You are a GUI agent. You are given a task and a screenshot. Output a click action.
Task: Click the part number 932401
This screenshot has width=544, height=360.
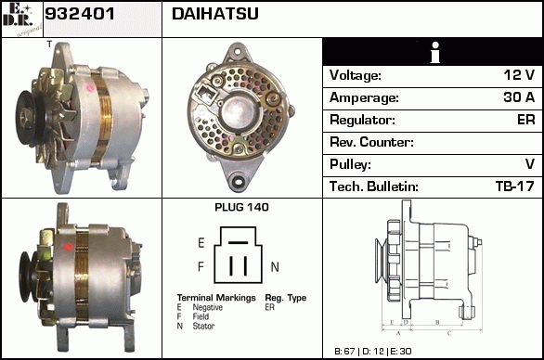coord(80,14)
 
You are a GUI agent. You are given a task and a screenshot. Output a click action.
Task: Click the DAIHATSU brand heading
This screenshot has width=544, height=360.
coord(215,14)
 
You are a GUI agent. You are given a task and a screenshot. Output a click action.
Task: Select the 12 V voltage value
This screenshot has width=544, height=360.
coord(519,75)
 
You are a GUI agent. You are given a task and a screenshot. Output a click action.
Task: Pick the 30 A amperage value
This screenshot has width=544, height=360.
coord(519,97)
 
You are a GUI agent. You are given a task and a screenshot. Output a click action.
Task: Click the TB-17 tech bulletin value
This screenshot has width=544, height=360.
coord(515,186)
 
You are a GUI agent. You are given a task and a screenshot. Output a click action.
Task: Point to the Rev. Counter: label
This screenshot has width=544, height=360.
coord(371,142)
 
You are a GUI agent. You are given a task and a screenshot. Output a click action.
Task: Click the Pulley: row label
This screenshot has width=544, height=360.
coord(350,164)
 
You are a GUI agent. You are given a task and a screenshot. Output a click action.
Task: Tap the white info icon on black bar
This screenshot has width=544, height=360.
coord(435,52)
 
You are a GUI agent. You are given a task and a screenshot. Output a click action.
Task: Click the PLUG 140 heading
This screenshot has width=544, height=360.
coord(241,208)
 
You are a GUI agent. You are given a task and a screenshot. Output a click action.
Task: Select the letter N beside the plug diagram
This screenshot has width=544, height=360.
coord(275,266)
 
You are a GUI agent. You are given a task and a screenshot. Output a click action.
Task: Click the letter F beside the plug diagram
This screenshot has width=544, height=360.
coord(201,266)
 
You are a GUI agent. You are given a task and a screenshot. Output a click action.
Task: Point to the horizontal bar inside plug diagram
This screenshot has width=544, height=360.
coord(238,242)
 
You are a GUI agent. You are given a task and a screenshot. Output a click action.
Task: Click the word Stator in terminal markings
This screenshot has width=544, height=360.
coord(203,326)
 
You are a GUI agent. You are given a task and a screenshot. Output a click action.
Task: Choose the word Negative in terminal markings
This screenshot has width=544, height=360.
coord(207,307)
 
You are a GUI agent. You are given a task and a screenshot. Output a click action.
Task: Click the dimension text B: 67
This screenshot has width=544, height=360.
coord(344,352)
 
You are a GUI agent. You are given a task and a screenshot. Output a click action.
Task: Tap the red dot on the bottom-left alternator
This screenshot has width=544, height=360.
coord(68,247)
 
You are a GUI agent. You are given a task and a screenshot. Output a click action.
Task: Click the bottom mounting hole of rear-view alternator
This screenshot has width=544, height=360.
coord(239,181)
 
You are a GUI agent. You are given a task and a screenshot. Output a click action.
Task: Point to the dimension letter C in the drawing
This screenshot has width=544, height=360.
coord(449,333)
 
